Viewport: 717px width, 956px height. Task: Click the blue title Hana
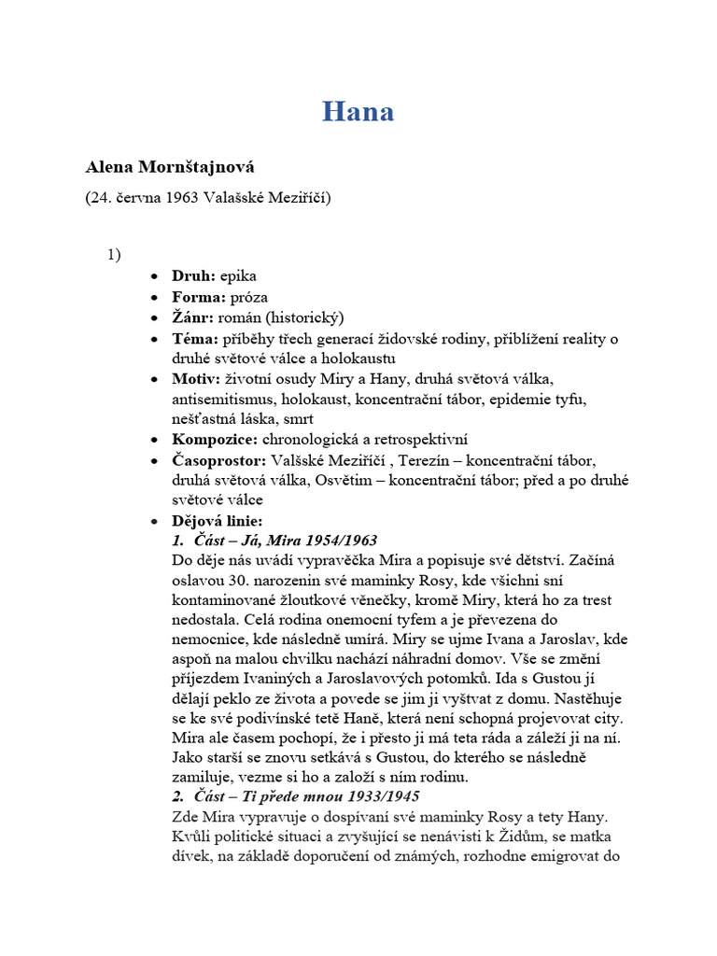tap(358, 112)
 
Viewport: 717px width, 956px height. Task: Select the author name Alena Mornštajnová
tap(170, 168)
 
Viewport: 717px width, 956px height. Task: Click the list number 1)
tap(115, 254)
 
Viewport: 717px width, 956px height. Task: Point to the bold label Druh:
tap(193, 275)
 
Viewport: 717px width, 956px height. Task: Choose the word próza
tap(243, 297)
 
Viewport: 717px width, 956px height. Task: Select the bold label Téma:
tap(195, 338)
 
